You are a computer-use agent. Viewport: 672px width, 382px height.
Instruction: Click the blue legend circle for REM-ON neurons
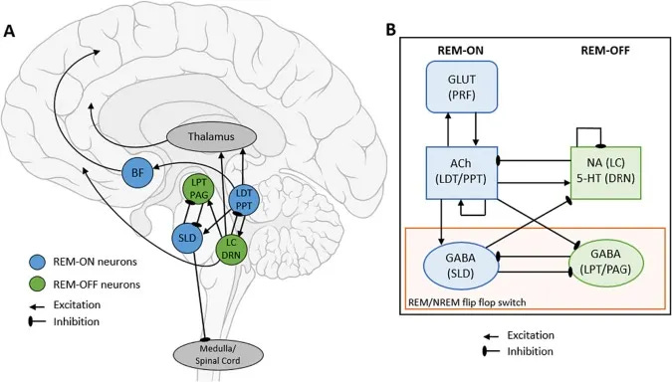click(x=34, y=263)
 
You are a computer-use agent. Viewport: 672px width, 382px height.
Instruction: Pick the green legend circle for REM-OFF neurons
click(x=34, y=284)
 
